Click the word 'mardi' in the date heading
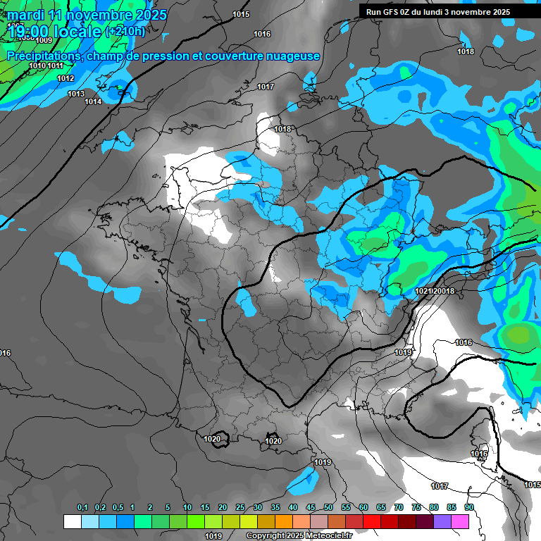pos(25,15)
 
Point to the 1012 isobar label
pos(66,78)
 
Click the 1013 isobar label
pos(76,94)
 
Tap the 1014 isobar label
pos(93,101)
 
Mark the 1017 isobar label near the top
pos(266,87)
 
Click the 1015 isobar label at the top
pos(241,14)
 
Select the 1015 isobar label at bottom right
pos(533,485)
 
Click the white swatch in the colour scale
pos(72,521)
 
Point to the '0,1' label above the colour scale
pos(82,507)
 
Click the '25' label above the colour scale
pos(240,507)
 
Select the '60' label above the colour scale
pos(363,507)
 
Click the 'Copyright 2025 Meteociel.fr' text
pos(299,536)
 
